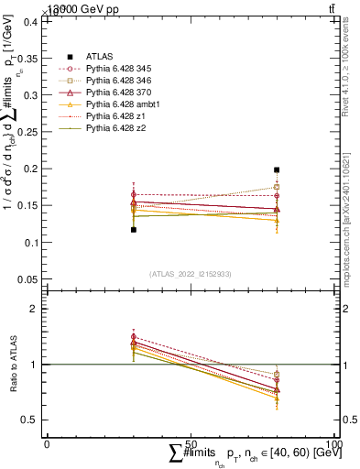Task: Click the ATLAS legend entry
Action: click(x=99, y=56)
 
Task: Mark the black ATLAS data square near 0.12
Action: click(x=134, y=230)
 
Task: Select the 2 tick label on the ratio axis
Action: click(x=38, y=310)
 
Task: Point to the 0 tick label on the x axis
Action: click(x=47, y=444)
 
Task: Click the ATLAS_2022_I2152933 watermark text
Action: click(x=191, y=274)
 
